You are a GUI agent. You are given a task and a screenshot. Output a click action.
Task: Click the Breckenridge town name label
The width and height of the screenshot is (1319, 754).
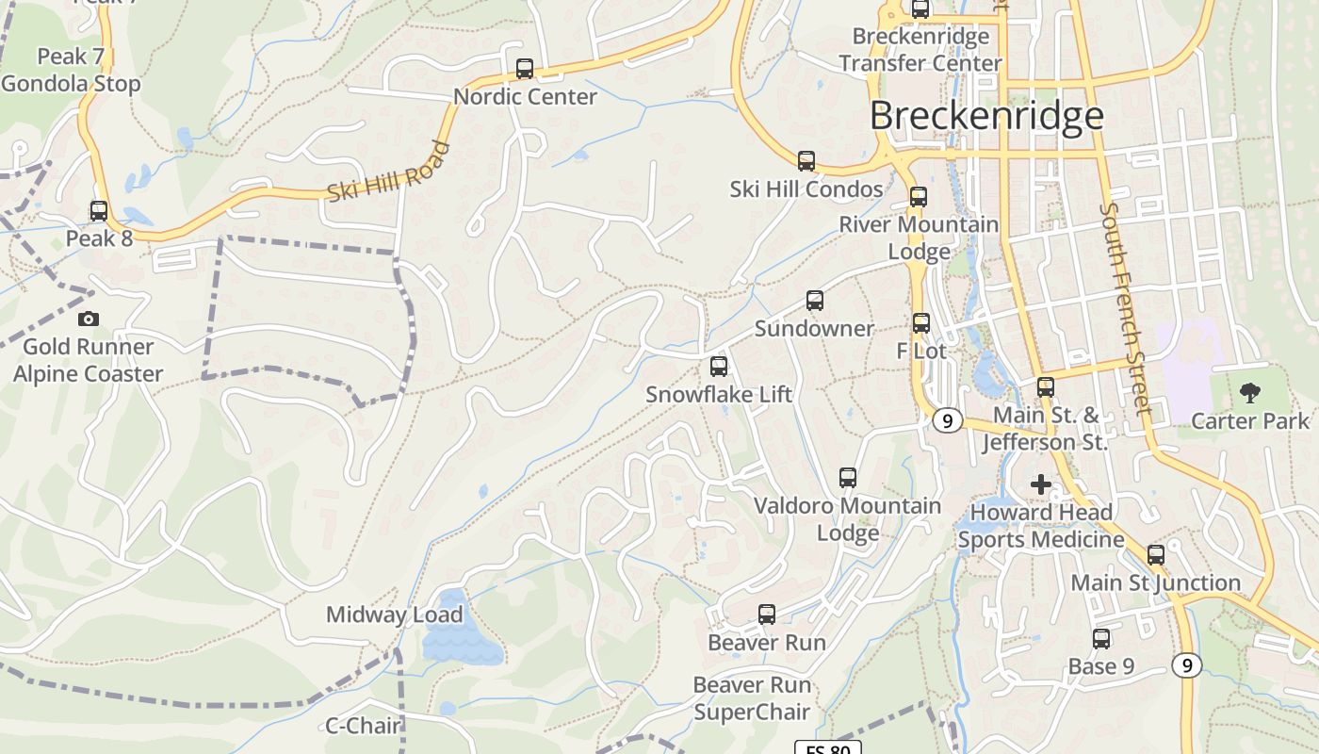(985, 115)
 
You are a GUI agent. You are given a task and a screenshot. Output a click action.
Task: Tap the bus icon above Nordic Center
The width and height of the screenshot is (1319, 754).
(525, 69)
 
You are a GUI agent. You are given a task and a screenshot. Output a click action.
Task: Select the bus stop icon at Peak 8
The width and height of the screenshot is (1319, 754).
(99, 211)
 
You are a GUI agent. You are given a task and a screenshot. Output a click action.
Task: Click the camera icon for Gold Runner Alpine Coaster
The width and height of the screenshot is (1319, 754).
(89, 320)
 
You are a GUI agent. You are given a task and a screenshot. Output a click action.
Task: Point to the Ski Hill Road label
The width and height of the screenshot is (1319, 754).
(388, 172)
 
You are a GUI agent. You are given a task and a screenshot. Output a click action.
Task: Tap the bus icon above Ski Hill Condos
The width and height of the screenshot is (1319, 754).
(806, 161)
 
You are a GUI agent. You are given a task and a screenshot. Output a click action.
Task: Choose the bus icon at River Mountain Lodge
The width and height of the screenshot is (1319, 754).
(919, 198)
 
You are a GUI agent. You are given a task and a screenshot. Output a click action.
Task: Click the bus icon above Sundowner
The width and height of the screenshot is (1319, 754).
(815, 302)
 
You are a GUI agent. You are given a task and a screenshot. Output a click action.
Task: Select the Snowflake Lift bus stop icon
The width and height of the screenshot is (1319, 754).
(719, 367)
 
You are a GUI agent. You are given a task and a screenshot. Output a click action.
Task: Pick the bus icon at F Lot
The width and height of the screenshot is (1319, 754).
(921, 323)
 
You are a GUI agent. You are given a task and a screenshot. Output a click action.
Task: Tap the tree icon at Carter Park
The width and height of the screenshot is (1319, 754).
(1250, 393)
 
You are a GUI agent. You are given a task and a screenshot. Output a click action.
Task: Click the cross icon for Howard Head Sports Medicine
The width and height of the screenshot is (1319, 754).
(1041, 484)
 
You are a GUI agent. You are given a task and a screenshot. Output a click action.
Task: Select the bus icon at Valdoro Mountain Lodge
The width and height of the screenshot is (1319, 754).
(848, 478)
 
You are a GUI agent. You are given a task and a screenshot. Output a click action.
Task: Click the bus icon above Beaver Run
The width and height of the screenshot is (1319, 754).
(767, 615)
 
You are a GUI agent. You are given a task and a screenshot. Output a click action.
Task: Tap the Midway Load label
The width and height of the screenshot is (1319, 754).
(394, 615)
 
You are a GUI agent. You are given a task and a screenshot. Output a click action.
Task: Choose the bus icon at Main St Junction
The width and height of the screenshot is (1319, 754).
(1156, 555)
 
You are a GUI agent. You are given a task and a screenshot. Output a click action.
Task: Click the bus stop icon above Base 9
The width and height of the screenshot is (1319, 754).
(1101, 639)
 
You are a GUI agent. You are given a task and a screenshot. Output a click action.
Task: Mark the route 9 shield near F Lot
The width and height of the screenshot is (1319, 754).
(947, 420)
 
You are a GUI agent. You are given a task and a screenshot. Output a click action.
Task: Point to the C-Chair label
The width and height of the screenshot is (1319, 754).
(364, 726)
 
